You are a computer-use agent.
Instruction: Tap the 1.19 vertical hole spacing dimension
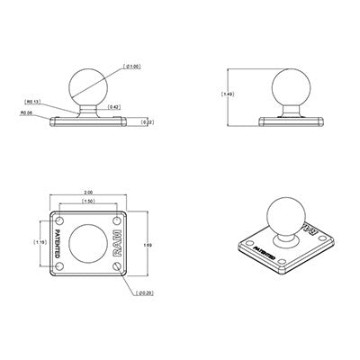coord(40,241)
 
